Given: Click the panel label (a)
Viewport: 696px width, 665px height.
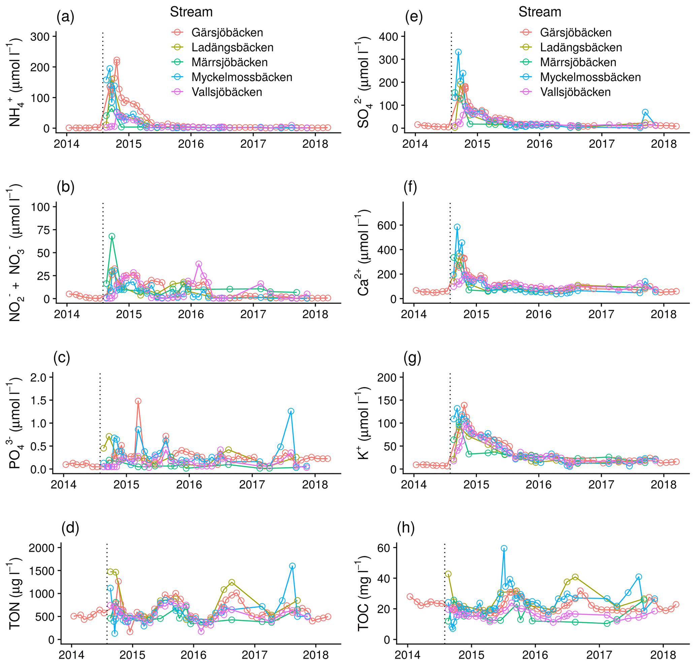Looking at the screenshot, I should click(x=65, y=17).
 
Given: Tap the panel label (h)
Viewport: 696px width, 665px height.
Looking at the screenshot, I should click(x=406, y=528).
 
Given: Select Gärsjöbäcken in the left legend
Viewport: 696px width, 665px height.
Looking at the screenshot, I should click(x=227, y=33).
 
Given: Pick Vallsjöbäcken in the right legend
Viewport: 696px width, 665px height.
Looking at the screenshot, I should click(x=575, y=92).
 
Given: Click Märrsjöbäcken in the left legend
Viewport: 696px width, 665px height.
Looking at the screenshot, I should click(x=229, y=62).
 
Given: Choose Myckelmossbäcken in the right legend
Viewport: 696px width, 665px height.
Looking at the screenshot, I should click(x=590, y=77).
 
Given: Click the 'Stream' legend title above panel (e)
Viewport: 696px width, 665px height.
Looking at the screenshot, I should click(x=540, y=12).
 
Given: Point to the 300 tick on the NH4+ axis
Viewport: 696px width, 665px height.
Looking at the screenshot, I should click(x=40, y=36).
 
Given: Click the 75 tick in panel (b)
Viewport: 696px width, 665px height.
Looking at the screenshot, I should click(x=43, y=230).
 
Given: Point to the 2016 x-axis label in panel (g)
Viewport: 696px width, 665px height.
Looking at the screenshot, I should click(x=538, y=485).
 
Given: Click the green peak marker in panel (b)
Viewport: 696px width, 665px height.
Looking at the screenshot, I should click(x=112, y=236).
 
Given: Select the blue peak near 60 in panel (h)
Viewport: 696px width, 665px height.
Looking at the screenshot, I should click(x=504, y=548).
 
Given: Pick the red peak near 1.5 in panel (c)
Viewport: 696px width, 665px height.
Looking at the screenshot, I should click(x=138, y=401).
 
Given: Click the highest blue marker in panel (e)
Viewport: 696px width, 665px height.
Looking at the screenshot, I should click(x=459, y=52).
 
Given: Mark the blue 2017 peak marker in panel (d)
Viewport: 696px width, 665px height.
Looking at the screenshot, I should click(x=292, y=566).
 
